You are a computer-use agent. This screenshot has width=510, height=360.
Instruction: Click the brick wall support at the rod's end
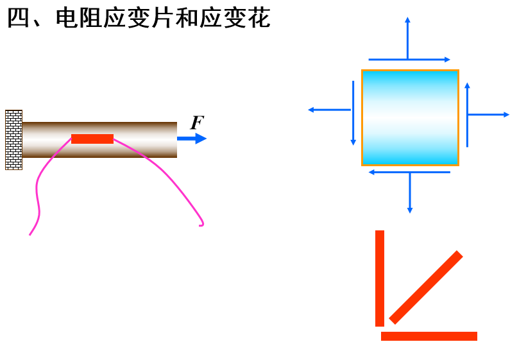pos(13,140)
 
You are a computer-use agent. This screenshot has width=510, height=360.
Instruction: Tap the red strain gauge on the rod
pos(92,139)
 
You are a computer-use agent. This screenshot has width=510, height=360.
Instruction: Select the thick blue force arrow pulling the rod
pos(192,138)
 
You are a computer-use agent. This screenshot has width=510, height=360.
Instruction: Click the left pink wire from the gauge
pos(39,186)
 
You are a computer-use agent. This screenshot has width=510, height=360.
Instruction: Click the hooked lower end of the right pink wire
pos(201,225)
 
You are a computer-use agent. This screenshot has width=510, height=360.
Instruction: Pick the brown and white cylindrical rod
pos(141,139)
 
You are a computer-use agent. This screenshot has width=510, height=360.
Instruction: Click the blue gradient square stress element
pos(410,117)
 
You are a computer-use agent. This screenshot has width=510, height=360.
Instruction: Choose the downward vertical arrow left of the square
pos(353,113)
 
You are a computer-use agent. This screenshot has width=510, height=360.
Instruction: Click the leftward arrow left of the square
pos(329,110)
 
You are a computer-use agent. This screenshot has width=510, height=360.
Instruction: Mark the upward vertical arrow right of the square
pos(467,116)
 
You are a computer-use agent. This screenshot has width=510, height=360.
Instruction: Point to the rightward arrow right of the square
pos(489,115)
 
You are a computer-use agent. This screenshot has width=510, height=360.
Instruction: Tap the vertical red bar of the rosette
pos(380,278)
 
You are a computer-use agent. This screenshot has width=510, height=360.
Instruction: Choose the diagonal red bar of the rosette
pos(425,287)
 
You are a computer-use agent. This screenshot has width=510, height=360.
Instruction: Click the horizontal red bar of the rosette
pos(429,336)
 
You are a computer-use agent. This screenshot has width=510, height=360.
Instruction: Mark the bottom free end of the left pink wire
pos(30,234)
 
